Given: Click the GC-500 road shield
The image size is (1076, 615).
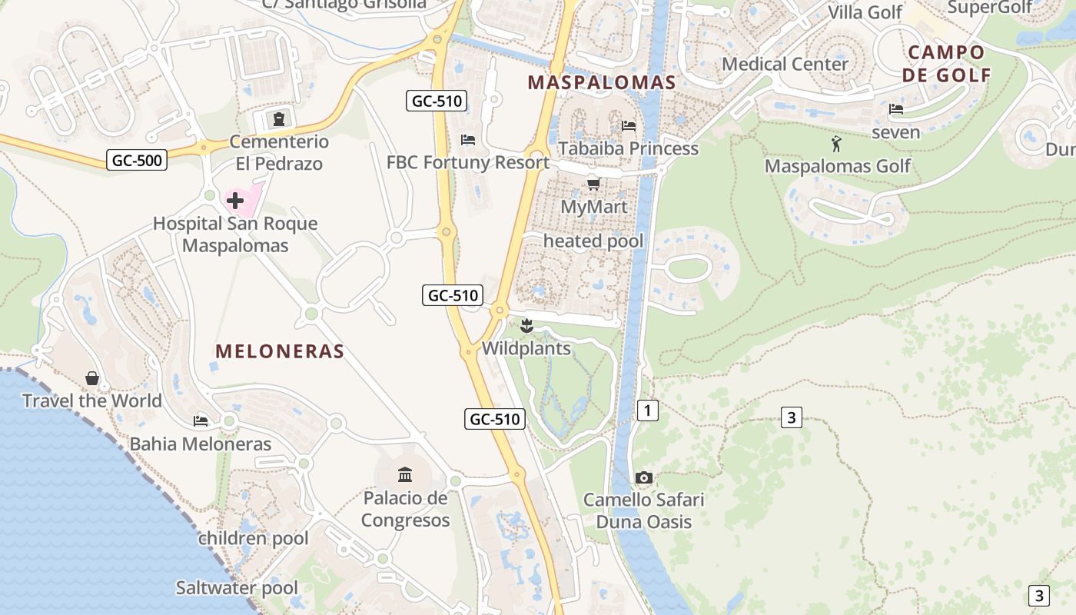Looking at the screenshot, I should (x=137, y=160).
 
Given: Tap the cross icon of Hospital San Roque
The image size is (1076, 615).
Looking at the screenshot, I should (x=235, y=201).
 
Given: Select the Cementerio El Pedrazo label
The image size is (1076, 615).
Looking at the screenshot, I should (x=279, y=152).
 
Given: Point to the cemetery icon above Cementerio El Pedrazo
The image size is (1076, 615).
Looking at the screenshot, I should (x=278, y=119).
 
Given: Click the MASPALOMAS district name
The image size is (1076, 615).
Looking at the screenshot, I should (x=601, y=82).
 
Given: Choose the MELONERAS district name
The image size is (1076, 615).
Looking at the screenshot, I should (x=279, y=351).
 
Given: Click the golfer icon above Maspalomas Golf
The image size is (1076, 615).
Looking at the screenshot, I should (x=836, y=144).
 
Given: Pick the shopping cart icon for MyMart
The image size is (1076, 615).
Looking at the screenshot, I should (x=593, y=184).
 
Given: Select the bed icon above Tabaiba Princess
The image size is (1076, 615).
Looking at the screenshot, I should (x=629, y=125).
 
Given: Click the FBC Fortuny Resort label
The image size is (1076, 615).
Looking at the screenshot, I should (x=467, y=162).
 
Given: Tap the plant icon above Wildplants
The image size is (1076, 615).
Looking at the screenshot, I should (x=526, y=326).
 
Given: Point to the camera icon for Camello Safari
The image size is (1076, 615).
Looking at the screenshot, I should (x=644, y=477).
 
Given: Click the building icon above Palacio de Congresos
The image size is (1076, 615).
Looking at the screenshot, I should (x=405, y=474).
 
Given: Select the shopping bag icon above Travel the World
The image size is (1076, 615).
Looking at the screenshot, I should (x=92, y=378).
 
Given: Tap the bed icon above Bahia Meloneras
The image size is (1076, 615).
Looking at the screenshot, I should (x=201, y=421).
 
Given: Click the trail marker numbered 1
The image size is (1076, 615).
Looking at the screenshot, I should (x=648, y=411).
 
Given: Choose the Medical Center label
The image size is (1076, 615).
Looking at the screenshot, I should (x=785, y=64).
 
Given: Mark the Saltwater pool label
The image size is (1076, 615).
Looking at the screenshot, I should (x=237, y=588).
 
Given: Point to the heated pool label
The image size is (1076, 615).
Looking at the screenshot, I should (x=593, y=241).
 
